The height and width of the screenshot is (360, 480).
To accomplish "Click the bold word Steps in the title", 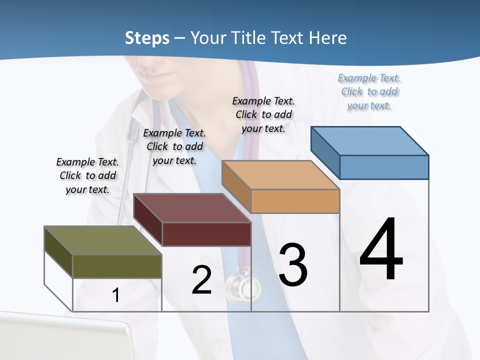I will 147,38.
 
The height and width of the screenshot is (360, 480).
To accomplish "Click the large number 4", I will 381,250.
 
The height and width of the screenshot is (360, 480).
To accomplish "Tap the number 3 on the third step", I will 293,264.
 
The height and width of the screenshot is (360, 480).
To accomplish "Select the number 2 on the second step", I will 201,280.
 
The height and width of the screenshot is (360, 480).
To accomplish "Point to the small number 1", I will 115,295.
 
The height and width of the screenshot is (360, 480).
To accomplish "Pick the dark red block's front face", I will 206,234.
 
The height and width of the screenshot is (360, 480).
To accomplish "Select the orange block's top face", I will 280,175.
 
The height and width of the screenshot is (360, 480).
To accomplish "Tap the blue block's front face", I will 384,167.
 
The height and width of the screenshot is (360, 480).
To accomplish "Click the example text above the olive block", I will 87,175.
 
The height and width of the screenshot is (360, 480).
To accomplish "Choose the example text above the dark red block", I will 174,146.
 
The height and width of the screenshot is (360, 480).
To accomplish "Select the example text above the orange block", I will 263,114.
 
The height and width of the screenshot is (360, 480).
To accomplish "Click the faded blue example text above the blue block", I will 369,91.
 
